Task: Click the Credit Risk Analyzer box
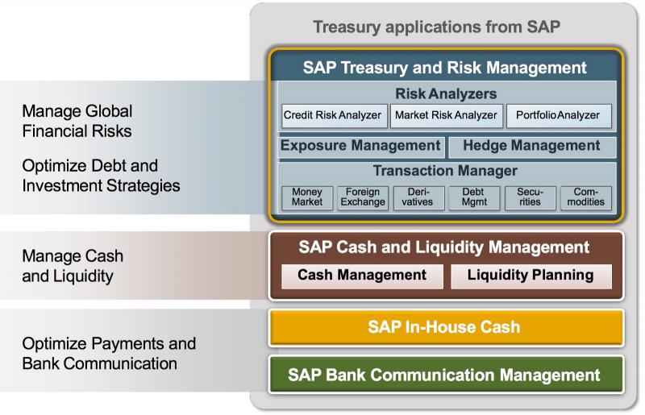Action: [332, 115]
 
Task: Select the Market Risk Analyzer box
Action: [446, 115]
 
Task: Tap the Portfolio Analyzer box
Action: [558, 115]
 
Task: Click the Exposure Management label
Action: [360, 146]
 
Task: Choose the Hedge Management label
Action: [532, 146]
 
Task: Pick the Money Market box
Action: [307, 197]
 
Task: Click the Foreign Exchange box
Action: [363, 197]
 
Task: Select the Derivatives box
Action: [418, 197]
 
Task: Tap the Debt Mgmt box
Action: [474, 197]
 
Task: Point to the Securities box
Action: [530, 197]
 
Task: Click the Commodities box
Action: [585, 197]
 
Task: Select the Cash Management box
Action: [362, 276]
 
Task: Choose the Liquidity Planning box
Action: [531, 276]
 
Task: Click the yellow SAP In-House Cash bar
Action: [445, 327]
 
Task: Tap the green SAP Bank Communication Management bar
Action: [445, 375]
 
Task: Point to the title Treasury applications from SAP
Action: [436, 27]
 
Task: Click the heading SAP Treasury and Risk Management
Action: [445, 67]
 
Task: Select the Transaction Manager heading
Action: [445, 171]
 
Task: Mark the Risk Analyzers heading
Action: [446, 93]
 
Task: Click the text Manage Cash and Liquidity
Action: [73, 266]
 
